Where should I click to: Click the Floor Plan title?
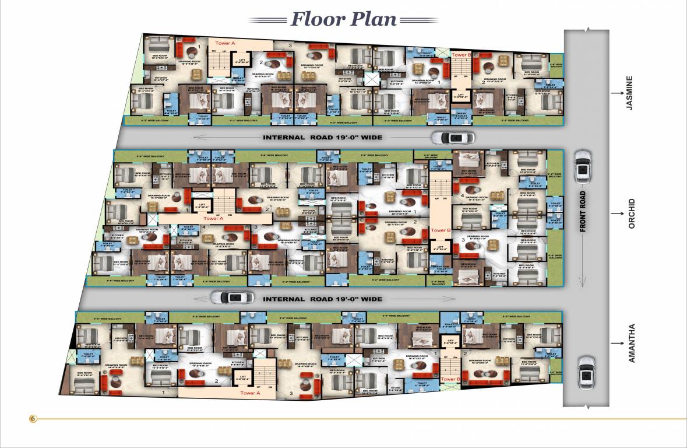coord(344,19)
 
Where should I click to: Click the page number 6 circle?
coord(33,418)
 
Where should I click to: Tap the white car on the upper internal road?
coord(453,138)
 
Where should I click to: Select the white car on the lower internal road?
coord(232,297)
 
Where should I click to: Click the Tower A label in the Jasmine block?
coord(225,43)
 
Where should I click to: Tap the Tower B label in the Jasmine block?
coord(461,54)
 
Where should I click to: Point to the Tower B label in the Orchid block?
coord(441,230)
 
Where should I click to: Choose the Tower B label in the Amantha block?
coord(450,379)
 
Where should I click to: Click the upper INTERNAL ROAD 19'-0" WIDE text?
coord(322,138)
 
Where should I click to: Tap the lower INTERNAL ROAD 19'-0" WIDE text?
coord(322,299)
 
